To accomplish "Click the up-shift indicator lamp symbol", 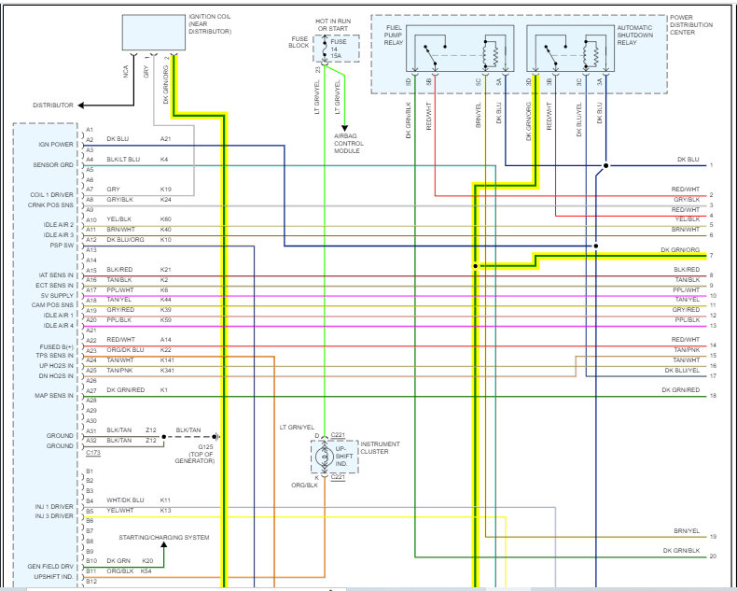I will pos(326,458).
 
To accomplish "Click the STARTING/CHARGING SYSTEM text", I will pos(163,538).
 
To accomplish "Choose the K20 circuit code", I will pos(147,560).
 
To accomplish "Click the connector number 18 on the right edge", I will pos(712,396).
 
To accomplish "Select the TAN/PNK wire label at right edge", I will pos(686,350).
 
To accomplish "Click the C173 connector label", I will pos(93,452).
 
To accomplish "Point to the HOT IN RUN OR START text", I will pos(337,22).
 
